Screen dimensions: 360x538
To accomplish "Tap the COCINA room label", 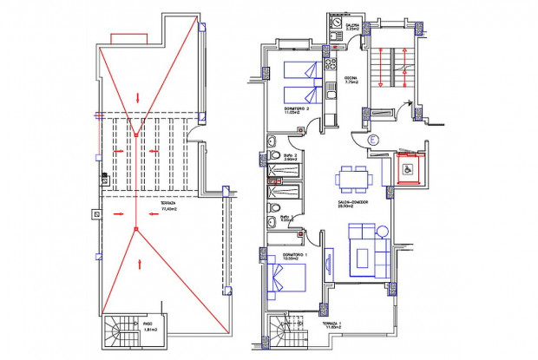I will [x=351, y=78].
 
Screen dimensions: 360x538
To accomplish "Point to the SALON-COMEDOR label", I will [x=355, y=203].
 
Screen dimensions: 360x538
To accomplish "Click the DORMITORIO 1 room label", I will [x=284, y=256].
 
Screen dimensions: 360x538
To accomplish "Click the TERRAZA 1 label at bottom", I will [x=334, y=324].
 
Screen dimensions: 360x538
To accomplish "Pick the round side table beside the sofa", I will [x=381, y=229].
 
